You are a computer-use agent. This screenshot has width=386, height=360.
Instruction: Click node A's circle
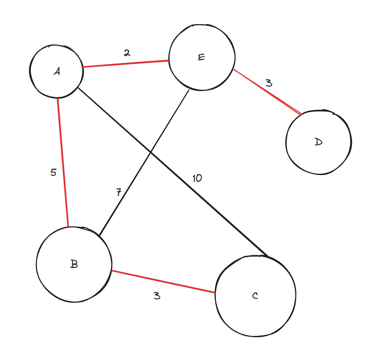pyautogui.click(x=57, y=71)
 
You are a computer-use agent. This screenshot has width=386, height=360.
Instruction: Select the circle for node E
pyautogui.click(x=202, y=57)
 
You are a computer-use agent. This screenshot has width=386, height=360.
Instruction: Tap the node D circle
pyautogui.click(x=319, y=142)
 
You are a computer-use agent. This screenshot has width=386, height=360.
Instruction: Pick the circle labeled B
pyautogui.click(x=74, y=264)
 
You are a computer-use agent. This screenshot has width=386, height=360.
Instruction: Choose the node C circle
pyautogui.click(x=255, y=296)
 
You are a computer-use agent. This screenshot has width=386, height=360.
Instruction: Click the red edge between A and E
pyautogui.click(x=125, y=64)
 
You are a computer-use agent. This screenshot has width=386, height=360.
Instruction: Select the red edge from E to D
pyautogui.click(x=266, y=91)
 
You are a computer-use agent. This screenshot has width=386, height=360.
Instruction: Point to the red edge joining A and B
pyautogui.click(x=63, y=162)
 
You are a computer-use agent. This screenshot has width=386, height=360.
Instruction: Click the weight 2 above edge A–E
pyautogui.click(x=126, y=53)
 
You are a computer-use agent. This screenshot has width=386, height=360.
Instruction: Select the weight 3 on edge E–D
pyautogui.click(x=269, y=83)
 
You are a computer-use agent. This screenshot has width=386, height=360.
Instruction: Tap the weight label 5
pyautogui.click(x=53, y=172)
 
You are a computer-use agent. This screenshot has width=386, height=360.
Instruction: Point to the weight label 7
pyautogui.click(x=119, y=192)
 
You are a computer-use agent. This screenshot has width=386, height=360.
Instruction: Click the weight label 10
pyautogui.click(x=197, y=178)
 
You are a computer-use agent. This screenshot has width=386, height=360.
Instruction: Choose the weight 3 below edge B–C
pyautogui.click(x=156, y=296)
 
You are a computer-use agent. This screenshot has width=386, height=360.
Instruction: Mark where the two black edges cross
pyautogui.click(x=150, y=152)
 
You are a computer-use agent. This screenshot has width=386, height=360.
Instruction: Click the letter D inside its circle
pyautogui.click(x=318, y=142)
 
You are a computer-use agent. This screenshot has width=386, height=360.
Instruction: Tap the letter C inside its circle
pyautogui.click(x=255, y=296)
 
